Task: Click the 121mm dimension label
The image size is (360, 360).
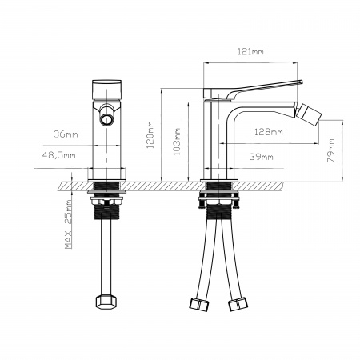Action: tap(252, 51)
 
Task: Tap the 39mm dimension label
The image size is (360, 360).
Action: tap(262, 156)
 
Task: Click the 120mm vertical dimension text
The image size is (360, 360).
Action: tap(150, 134)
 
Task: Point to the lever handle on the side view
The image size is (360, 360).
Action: tap(256, 86)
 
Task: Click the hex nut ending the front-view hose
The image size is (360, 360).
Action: tap(105, 303)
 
